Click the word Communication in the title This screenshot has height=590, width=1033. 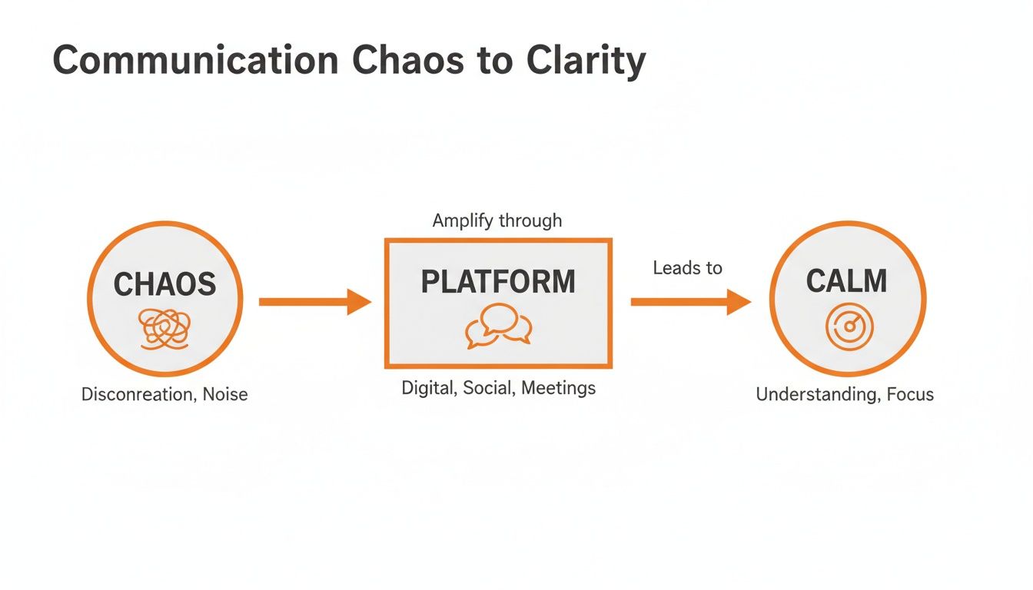click(x=195, y=61)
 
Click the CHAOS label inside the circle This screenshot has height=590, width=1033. click(x=164, y=284)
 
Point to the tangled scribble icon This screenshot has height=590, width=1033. click(x=164, y=329)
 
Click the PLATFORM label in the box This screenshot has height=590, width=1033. click(x=498, y=282)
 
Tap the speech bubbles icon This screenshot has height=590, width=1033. click(x=498, y=326)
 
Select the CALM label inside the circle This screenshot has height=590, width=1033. click(x=846, y=281)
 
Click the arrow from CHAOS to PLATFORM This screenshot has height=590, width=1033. click(x=314, y=302)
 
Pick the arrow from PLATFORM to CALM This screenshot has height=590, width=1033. click(x=690, y=302)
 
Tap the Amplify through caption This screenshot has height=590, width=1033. click(x=497, y=221)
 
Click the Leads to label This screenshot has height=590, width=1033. click(x=687, y=268)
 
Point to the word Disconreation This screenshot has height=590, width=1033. click(x=135, y=395)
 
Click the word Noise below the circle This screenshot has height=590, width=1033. click(x=225, y=395)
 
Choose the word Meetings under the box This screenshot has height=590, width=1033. click(x=558, y=388)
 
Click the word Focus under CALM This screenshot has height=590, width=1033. click(x=910, y=395)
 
